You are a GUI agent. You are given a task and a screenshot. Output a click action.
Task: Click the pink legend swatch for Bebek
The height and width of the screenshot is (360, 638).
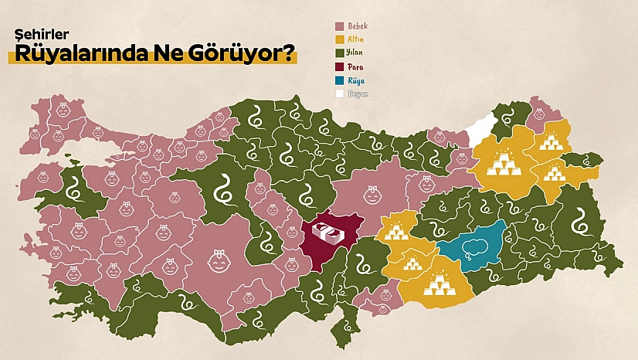tap(339, 25)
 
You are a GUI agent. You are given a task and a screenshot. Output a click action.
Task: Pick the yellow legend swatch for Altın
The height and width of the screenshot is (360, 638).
tap(339, 39)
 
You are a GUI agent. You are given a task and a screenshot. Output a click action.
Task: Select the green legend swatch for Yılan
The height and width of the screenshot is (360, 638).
tap(339, 53)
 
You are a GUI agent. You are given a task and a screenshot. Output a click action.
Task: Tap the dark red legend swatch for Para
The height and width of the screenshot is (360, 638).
tap(339, 66)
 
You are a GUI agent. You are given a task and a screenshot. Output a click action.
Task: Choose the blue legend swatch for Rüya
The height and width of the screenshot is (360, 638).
tap(339, 80)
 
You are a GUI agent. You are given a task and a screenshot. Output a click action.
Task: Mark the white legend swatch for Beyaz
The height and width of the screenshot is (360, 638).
tap(339, 93)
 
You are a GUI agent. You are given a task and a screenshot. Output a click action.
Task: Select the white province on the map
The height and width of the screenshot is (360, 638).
tap(483, 127)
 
